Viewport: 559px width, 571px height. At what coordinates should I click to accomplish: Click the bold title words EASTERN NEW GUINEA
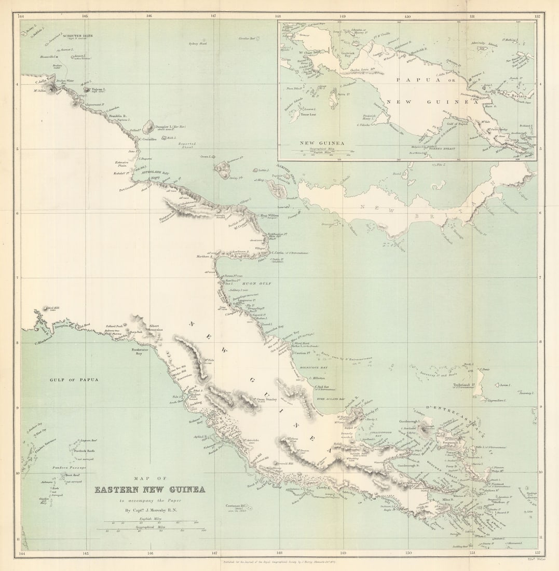[149, 490]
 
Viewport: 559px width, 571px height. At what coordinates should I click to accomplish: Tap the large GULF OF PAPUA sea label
[74, 379]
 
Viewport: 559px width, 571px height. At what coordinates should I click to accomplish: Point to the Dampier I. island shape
[148, 126]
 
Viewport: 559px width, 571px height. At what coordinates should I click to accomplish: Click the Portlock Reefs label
[84, 451]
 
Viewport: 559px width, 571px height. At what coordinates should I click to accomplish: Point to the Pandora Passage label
[68, 468]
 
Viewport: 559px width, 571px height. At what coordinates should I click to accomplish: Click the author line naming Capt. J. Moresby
[149, 510]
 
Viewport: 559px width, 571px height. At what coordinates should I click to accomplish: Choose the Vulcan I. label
[98, 89]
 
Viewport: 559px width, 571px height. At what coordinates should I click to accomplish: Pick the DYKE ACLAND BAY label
[331, 399]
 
